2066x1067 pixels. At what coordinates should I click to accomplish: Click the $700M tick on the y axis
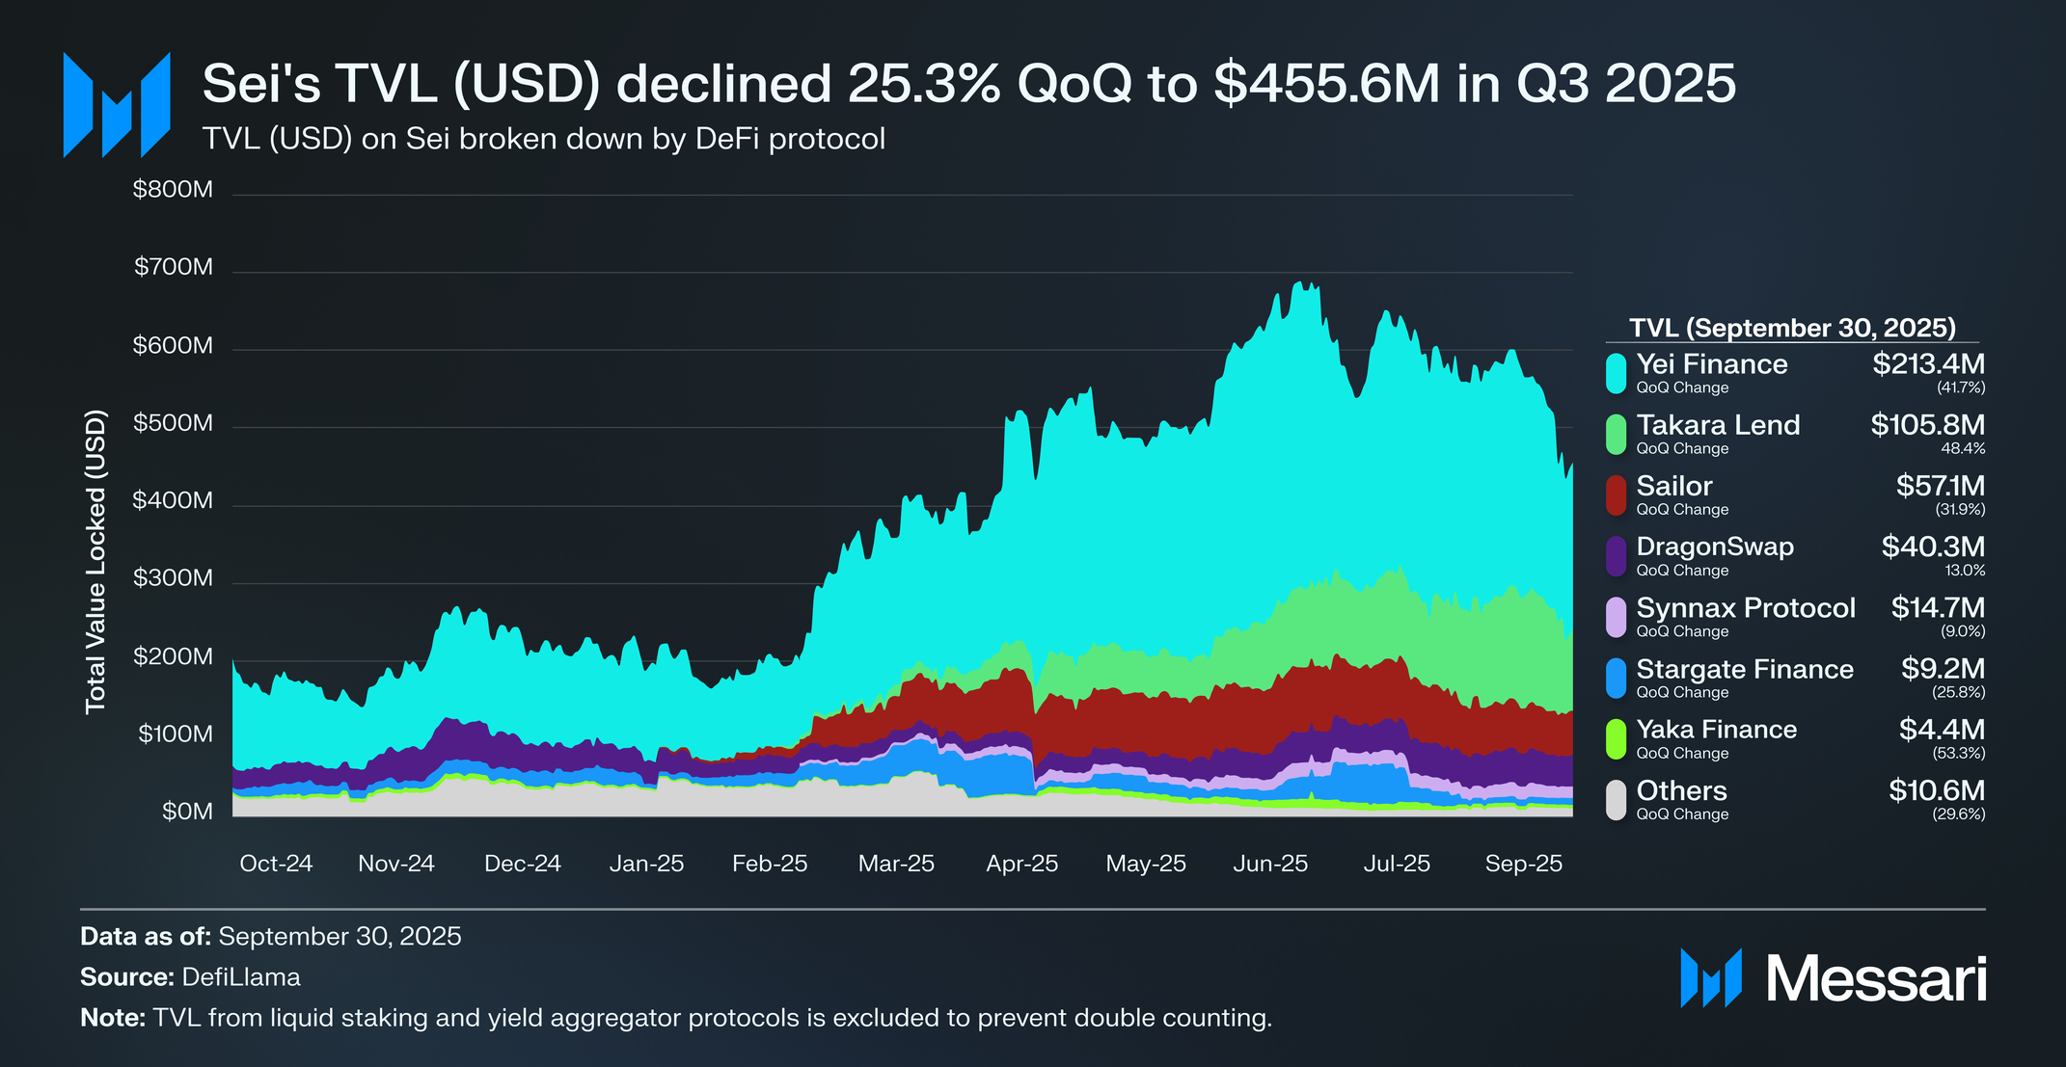[x=174, y=267]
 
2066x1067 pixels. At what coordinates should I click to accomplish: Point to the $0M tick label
[x=187, y=812]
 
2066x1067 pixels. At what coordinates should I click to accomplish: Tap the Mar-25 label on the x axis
[x=896, y=864]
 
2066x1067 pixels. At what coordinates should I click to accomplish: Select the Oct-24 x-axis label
[x=276, y=864]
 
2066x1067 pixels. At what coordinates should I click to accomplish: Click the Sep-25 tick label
[x=1523, y=864]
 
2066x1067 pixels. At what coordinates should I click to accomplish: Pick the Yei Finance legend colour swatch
[x=1617, y=373]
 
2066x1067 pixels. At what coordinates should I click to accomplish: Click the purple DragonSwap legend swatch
[x=1617, y=556]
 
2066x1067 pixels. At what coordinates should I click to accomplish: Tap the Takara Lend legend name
[x=1718, y=425]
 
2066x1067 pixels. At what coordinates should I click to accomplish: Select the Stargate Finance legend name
[x=1745, y=669]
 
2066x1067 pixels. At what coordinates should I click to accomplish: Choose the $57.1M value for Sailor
[x=1940, y=486]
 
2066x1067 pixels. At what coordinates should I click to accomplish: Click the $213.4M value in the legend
[x=1928, y=364]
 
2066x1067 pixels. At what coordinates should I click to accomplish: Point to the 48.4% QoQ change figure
[x=1963, y=448]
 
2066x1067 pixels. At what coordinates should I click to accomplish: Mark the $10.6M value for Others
[x=1936, y=790]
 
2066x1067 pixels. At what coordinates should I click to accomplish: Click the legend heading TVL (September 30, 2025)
[x=1792, y=328]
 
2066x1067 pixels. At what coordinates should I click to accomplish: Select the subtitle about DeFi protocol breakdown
[x=544, y=139]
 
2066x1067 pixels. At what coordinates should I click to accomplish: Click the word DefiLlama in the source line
[x=241, y=977]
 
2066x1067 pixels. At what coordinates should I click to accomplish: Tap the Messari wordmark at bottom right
[x=1876, y=979]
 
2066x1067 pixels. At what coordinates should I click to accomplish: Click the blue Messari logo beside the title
[x=117, y=105]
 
